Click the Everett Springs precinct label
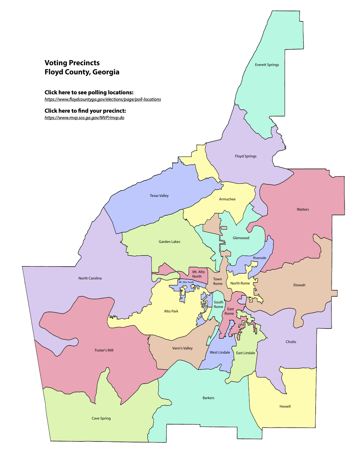tap(267, 65)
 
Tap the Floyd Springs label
tap(246, 156)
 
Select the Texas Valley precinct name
tap(159, 196)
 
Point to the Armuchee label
tap(227, 199)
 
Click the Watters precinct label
tap(303, 210)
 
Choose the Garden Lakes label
tap(169, 242)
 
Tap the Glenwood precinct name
tap(241, 238)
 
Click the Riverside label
tap(259, 258)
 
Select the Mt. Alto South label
tap(186, 282)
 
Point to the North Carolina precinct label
tap(90, 278)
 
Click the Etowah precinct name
tap(299, 285)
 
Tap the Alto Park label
tap(171, 311)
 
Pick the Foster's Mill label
tap(104, 350)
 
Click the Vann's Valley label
tap(182, 348)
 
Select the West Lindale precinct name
tap(220, 352)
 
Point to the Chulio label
tap(291, 342)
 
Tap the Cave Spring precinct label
tap(101, 418)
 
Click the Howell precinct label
tap(285, 406)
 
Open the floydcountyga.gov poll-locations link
tap(103, 99)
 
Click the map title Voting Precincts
tap(72, 63)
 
